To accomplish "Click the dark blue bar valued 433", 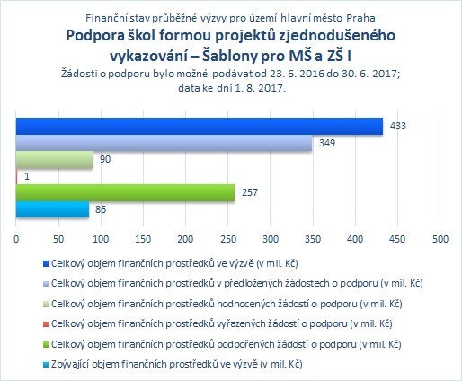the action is pyautogui.click(x=200, y=126).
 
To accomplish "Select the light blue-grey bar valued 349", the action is pyautogui.click(x=164, y=143).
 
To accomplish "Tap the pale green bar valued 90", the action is pyautogui.click(x=54, y=160).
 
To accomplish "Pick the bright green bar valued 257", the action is pyautogui.click(x=125, y=192).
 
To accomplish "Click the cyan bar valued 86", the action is pyautogui.click(x=52, y=209).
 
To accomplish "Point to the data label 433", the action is pyautogui.click(x=398, y=126).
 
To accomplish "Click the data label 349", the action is pyautogui.click(x=327, y=143).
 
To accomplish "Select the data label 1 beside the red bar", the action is pyautogui.click(x=27, y=176).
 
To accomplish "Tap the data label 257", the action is pyautogui.click(x=250, y=192).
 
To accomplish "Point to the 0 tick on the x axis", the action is pyautogui.click(x=16, y=239).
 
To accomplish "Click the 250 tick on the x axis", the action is pyautogui.click(x=228, y=239).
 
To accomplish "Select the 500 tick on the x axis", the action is pyautogui.click(x=440, y=239).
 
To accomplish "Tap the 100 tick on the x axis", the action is pyautogui.click(x=101, y=239).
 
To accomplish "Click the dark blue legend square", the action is pyautogui.click(x=46, y=264).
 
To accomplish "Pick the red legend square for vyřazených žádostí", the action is pyautogui.click(x=46, y=324).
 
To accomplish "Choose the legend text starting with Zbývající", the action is pyautogui.click(x=177, y=364).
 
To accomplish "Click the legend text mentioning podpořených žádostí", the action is pyautogui.click(x=227, y=344).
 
